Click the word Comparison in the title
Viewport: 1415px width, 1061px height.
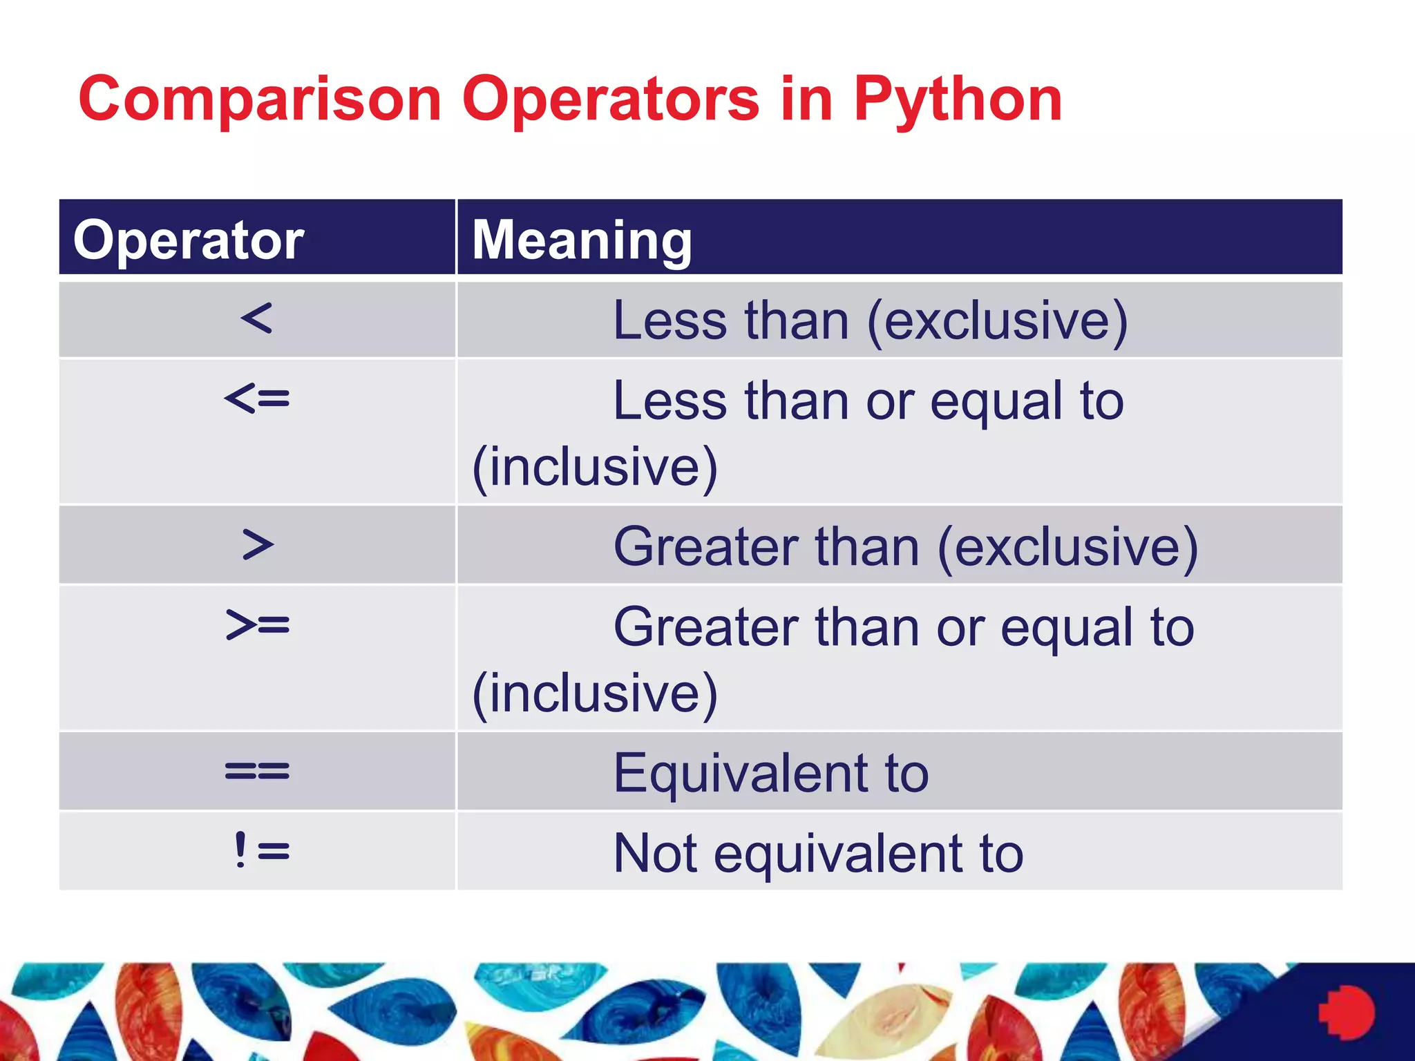(260, 100)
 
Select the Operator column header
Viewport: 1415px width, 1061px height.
(189, 240)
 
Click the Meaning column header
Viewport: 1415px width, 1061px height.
(582, 240)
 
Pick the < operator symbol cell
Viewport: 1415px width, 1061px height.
(257, 319)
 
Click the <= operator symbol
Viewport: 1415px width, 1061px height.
(257, 399)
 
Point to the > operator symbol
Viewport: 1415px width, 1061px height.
(258, 545)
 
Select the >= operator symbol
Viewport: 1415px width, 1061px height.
(258, 625)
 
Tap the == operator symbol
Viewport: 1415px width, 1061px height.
(257, 771)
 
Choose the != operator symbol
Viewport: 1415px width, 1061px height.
(260, 850)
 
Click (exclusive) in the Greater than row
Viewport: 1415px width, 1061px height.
(1067, 547)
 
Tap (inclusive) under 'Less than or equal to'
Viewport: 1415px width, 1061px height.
(595, 468)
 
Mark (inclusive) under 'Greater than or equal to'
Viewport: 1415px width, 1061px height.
(595, 694)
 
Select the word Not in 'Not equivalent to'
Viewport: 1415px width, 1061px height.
(655, 853)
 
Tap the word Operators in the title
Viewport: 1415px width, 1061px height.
(611, 100)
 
